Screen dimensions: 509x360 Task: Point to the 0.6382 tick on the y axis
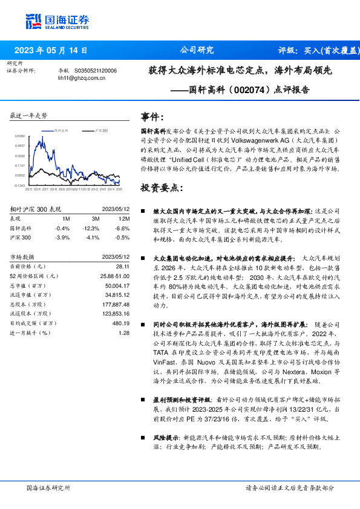(x=20, y=137)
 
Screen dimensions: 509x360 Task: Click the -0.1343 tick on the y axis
(x=20, y=185)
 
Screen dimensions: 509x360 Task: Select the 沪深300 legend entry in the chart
(x=100, y=131)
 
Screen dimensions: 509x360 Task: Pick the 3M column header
(x=96, y=218)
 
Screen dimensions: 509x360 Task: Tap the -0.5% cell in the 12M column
(x=123, y=238)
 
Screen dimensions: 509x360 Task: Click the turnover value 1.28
(x=125, y=332)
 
